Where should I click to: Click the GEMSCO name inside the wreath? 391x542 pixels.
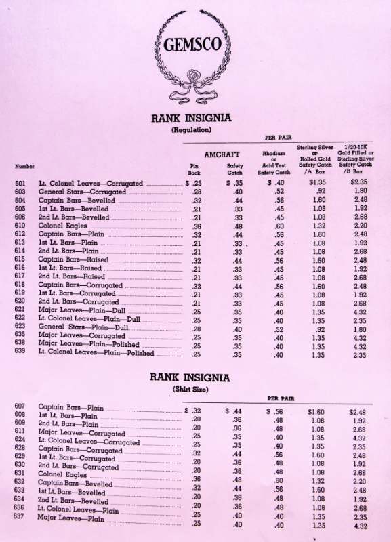click(192, 45)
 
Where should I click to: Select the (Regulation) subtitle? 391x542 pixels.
click(191, 129)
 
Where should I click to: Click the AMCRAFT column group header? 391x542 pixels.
click(222, 155)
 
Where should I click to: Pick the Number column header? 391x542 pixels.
click(25, 166)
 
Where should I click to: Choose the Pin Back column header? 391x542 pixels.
click(194, 169)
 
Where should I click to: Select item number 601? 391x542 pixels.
click(20, 184)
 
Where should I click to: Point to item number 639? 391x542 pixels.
click(20, 353)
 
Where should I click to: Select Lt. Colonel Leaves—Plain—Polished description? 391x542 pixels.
click(96, 353)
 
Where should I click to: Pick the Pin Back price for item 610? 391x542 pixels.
click(197, 226)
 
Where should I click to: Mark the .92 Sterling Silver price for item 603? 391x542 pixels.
click(321, 192)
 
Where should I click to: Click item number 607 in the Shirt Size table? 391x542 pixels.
click(20, 407)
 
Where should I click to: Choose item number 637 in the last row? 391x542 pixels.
click(20, 518)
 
